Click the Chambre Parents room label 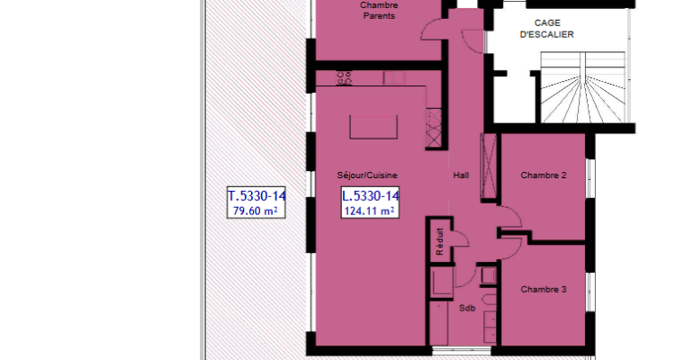tap(379, 10)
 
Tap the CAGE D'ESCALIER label tap(546, 29)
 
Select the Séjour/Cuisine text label tap(367, 175)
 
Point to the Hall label tap(461, 175)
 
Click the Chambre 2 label tap(544, 175)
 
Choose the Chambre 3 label tap(544, 290)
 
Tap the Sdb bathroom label tap(467, 308)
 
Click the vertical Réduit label tap(439, 241)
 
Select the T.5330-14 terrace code tap(256, 196)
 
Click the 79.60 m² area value tap(255, 211)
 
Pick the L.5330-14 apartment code tap(370, 196)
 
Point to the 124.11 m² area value tap(369, 211)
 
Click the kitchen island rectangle tap(373, 127)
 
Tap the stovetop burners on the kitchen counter tap(345, 78)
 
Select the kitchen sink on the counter tap(394, 77)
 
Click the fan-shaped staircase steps tap(582, 87)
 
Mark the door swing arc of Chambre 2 tap(516, 211)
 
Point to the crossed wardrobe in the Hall tap(488, 166)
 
